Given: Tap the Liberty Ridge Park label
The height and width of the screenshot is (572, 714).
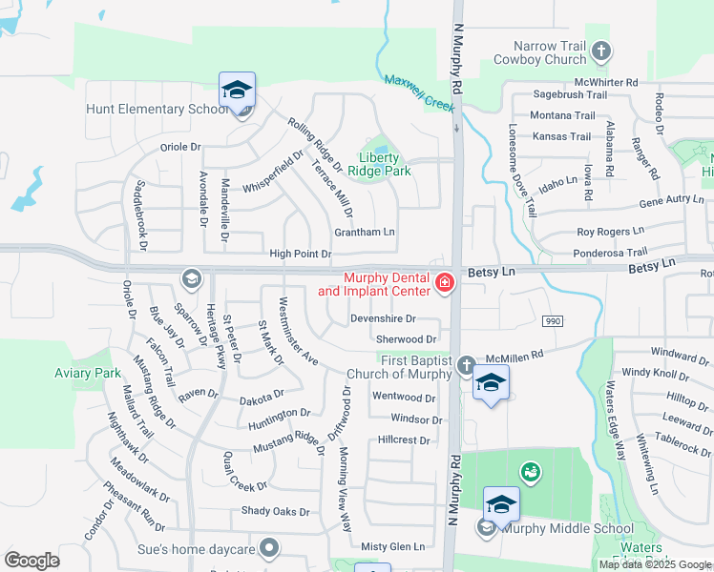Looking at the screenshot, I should [385, 164].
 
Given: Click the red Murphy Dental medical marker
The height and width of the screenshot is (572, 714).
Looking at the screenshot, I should [444, 283].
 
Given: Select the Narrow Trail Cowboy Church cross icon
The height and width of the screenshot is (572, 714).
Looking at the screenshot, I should [600, 51].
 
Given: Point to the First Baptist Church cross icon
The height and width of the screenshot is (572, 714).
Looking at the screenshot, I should [466, 365].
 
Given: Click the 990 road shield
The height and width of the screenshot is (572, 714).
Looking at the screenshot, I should [552, 321].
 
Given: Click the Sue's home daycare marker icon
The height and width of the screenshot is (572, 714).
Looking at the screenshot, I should [270, 548].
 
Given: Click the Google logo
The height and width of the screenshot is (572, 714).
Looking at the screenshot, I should [31, 561].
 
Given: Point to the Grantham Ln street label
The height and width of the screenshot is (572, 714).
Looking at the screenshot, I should [364, 232].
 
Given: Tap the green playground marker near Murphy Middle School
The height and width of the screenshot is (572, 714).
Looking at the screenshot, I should [529, 472].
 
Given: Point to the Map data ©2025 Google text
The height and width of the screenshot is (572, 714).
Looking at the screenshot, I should [656, 564].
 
